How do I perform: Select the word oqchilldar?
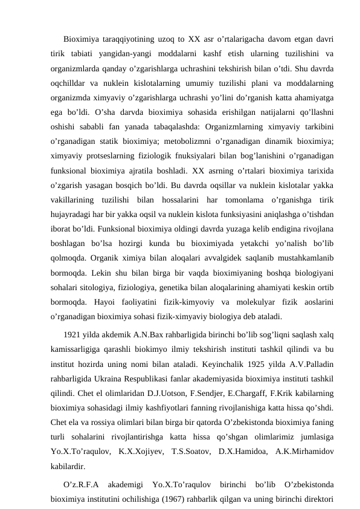click(68, 79)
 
